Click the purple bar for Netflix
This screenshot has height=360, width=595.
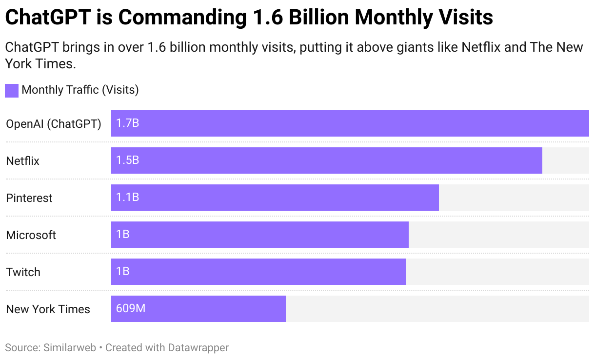pyautogui.click(x=326, y=160)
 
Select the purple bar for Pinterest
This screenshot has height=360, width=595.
pyautogui.click(x=275, y=198)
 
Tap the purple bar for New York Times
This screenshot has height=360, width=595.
pyautogui.click(x=198, y=309)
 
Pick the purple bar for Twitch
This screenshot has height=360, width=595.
pyautogui.click(x=258, y=272)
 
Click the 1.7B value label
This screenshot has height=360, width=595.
pyautogui.click(x=127, y=123)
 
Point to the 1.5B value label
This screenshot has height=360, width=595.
pyautogui.click(x=127, y=160)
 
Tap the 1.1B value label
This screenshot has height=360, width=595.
pyautogui.click(x=127, y=198)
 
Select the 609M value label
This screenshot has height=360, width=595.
pyautogui.click(x=131, y=309)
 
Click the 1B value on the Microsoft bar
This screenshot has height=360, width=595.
pyautogui.click(x=123, y=235)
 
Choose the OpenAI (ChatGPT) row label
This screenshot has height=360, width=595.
pyautogui.click(x=54, y=124)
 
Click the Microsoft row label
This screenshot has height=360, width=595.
pyautogui.click(x=31, y=235)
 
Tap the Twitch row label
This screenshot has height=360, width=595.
pyautogui.click(x=23, y=272)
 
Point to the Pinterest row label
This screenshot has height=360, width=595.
pyautogui.click(x=29, y=198)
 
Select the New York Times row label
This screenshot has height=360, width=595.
pyautogui.click(x=48, y=309)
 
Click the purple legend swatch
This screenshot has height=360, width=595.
pyautogui.click(x=12, y=90)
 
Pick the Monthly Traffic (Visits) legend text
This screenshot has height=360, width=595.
pyautogui.click(x=80, y=90)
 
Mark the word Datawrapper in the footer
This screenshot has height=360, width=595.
pyautogui.click(x=198, y=348)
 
